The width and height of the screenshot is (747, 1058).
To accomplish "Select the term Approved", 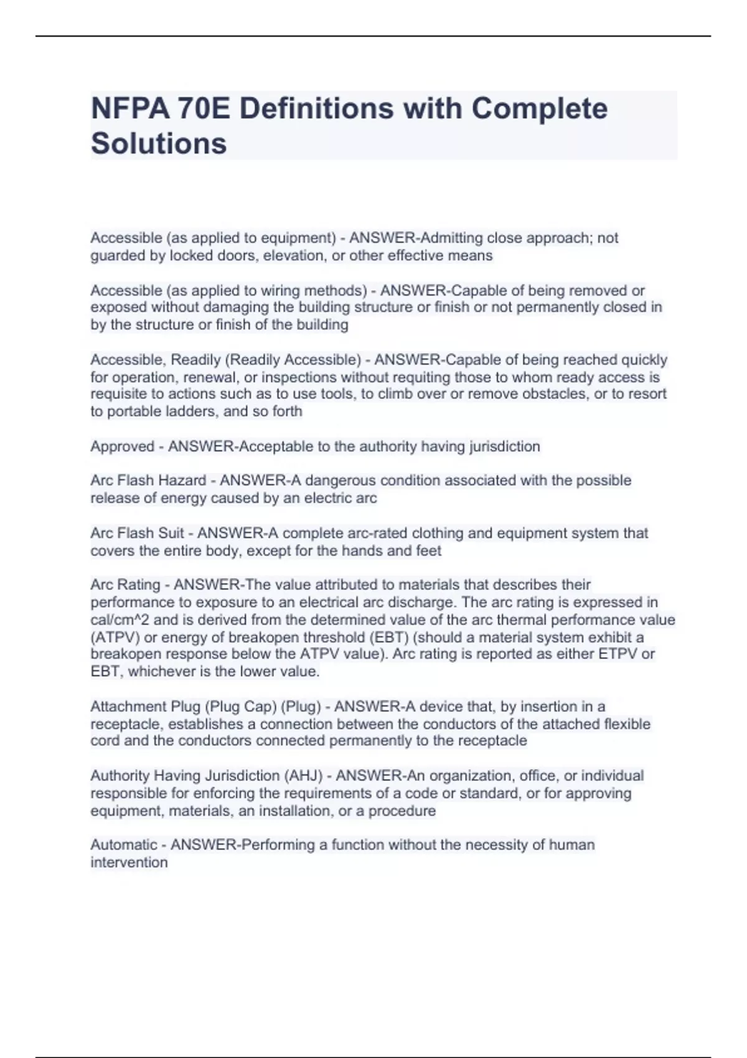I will (122, 446).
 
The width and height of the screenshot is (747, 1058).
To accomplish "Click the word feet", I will (428, 551).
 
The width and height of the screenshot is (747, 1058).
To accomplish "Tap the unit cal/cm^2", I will (120, 620).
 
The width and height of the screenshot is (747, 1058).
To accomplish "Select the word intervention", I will (129, 863).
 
